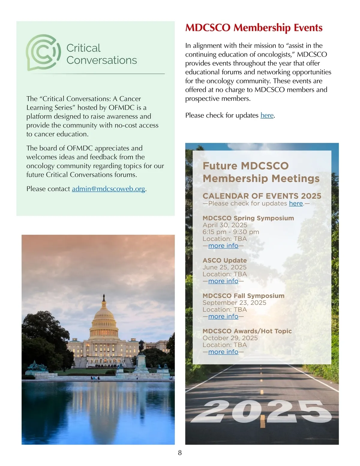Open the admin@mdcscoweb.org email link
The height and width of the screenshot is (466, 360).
point(108,189)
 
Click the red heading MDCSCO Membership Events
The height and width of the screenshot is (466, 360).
point(254,28)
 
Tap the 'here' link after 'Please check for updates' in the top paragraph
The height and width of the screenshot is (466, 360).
point(267,116)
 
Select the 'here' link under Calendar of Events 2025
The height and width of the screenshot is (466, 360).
point(296,203)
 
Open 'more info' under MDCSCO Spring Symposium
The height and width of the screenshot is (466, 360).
point(223,246)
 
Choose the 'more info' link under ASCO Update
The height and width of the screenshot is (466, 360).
point(223,281)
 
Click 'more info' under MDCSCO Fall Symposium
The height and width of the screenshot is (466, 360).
point(223,317)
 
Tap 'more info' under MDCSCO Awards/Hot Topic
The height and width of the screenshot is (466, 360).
point(223,352)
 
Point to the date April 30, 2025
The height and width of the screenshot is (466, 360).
point(225,225)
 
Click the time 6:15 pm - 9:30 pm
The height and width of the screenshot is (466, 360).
point(231,232)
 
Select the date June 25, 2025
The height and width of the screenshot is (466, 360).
point(224,267)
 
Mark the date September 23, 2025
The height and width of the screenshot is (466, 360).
point(234,303)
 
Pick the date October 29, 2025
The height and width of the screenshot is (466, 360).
point(230,338)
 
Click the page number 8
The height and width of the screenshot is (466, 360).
point(180,453)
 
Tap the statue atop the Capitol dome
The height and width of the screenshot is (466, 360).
point(104,297)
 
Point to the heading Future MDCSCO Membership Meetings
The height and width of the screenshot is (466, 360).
point(261,172)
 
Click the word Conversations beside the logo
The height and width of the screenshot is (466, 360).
point(102,60)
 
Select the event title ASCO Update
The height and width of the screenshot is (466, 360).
point(225,260)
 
